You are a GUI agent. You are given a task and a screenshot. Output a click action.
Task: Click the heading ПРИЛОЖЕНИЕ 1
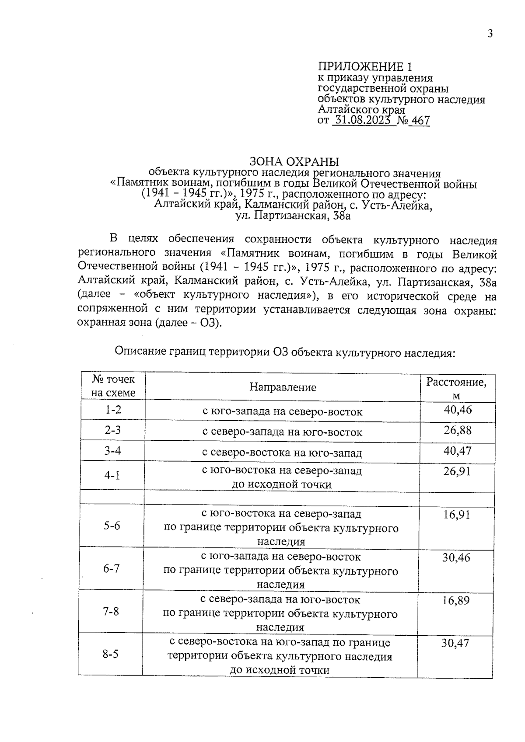tap(364, 67)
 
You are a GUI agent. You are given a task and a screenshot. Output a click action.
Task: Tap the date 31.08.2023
tap(361, 120)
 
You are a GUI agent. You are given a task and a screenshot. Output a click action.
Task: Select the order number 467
tap(421, 121)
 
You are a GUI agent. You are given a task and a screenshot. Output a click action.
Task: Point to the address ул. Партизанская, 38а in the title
tap(293, 216)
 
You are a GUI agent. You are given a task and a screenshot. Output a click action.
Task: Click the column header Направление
tap(283, 387)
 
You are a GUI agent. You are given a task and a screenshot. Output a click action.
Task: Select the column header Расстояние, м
tap(456, 388)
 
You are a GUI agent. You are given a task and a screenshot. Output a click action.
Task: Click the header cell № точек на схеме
tap(113, 386)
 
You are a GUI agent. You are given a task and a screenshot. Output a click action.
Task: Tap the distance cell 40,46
tap(458, 410)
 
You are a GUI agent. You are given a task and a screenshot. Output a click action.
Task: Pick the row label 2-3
tap(112, 430)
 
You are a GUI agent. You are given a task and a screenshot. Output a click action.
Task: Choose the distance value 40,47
tap(458, 451)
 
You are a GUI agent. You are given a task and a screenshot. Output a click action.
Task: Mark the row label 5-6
tap(112, 526)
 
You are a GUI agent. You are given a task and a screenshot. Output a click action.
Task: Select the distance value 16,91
tap(456, 515)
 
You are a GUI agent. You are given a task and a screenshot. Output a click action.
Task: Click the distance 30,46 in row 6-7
tap(456, 557)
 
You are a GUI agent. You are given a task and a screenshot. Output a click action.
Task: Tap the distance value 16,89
tap(455, 600)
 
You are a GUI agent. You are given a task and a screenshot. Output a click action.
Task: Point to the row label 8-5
tap(111, 655)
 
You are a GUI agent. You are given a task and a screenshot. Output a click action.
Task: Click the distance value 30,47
tap(455, 643)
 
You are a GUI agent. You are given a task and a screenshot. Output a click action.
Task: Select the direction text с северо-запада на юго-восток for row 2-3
tap(282, 432)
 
